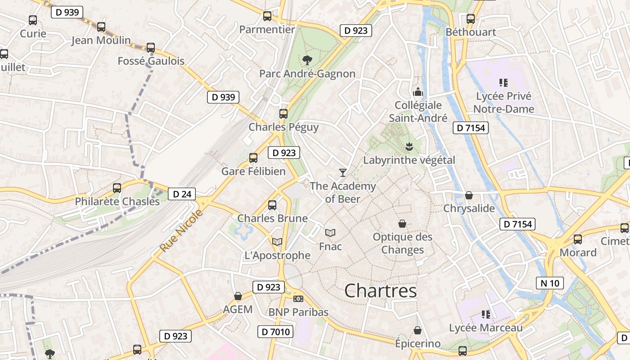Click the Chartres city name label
click(380, 291)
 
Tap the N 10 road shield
click(550, 283)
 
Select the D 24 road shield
click(182, 194)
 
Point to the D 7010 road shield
click(275, 332)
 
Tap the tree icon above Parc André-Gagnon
click(307, 60)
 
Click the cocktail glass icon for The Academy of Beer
click(343, 172)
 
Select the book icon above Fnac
click(330, 233)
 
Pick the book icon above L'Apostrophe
click(277, 242)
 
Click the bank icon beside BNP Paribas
click(298, 299)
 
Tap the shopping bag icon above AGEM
click(238, 296)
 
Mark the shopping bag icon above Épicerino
click(418, 330)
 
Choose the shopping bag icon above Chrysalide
click(469, 195)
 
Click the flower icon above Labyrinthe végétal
click(409, 146)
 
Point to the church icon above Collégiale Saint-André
click(418, 92)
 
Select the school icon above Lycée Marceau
click(486, 314)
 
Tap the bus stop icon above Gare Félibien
click(253, 157)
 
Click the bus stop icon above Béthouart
click(471, 18)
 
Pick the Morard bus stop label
click(578, 252)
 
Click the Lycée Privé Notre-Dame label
click(504, 103)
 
